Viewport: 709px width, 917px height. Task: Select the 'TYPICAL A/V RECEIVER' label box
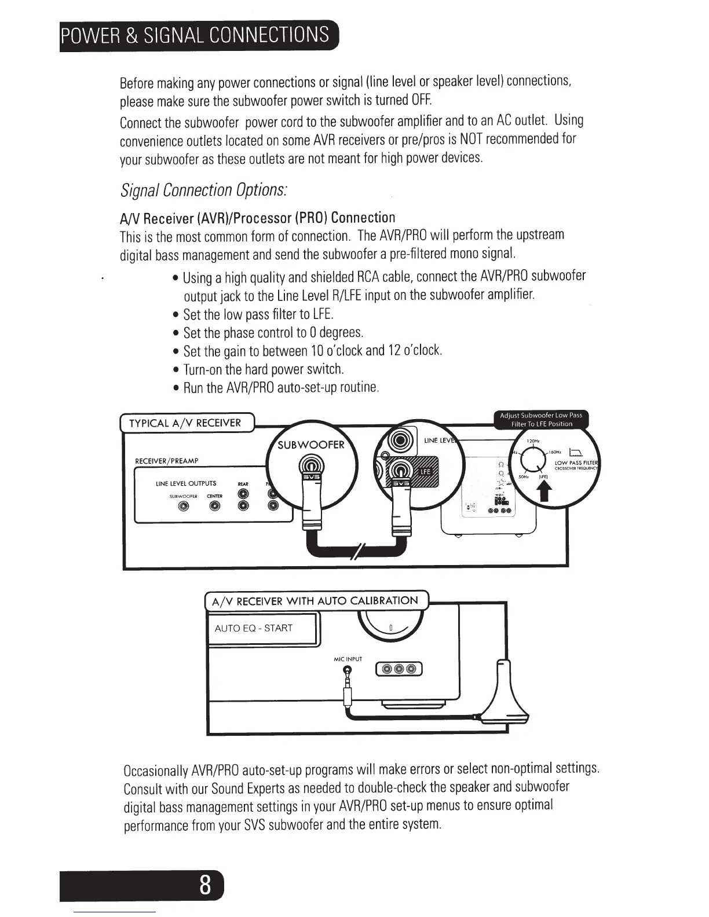click(185, 423)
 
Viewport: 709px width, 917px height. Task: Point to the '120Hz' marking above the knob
click(533, 441)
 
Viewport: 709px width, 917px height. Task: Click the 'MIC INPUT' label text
click(348, 659)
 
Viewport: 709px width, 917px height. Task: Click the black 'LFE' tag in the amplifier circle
click(425, 472)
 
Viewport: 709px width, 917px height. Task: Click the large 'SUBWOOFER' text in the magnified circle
click(311, 445)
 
